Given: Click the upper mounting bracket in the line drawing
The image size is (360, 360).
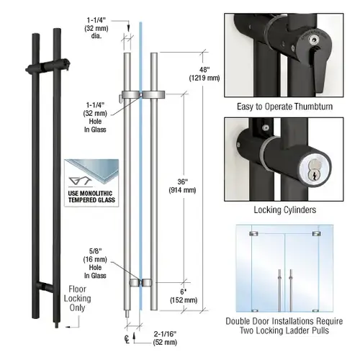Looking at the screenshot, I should [142, 94].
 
